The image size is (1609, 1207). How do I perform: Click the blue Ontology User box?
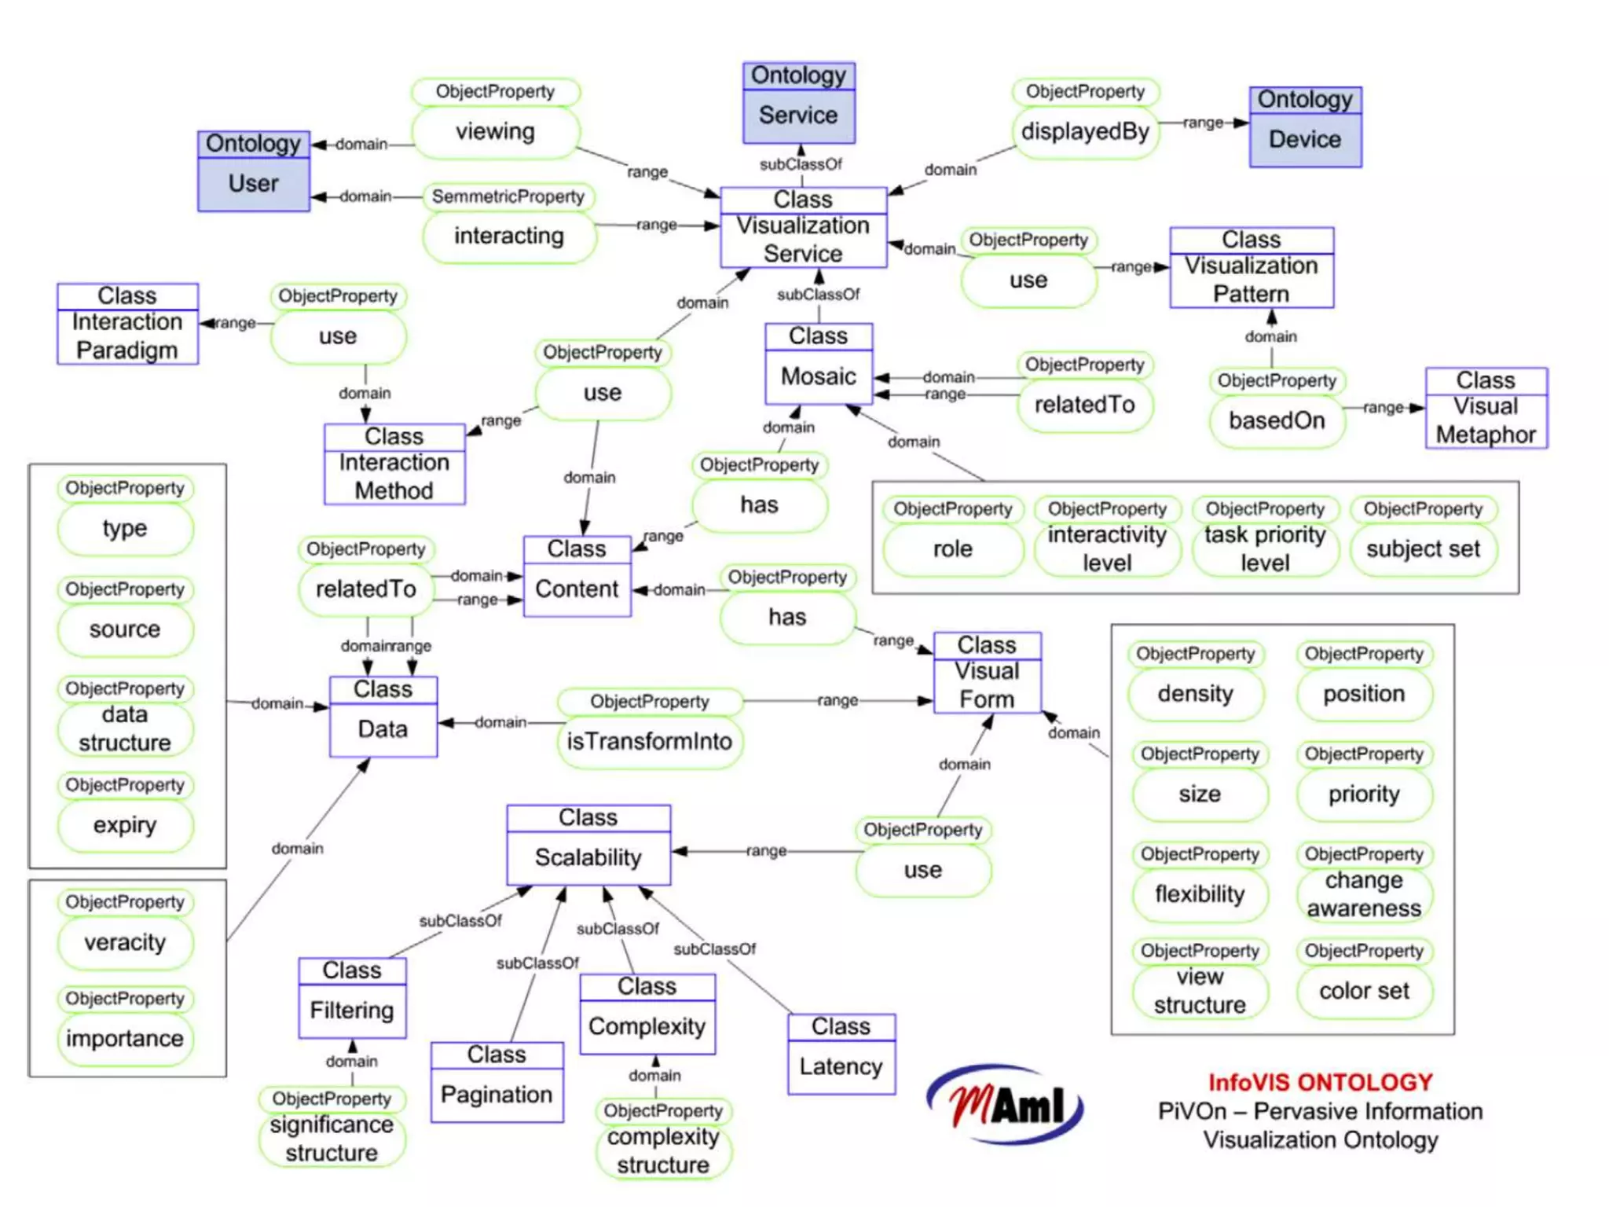253,171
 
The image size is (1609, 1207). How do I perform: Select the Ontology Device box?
1305,127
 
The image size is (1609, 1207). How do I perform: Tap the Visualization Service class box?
803,228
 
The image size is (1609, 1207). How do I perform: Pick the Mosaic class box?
819,364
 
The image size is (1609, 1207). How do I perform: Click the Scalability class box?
588,845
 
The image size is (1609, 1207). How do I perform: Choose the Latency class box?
841,1054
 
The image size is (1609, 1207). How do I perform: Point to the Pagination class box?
497,1082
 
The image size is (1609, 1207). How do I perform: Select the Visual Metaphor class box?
1486,408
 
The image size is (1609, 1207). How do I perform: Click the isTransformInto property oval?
650,741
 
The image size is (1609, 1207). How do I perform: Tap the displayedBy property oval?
1085,132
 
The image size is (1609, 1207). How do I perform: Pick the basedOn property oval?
1277,420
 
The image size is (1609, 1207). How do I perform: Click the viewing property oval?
495,132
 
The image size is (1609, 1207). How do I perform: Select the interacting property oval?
509,236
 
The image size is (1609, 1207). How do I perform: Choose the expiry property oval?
125,825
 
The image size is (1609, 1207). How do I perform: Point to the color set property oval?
1364,991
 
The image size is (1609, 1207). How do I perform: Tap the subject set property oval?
1423,548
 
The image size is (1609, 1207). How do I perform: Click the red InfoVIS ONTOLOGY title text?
1320,1082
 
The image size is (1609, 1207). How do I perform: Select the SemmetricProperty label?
508,196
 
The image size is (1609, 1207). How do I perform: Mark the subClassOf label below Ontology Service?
800,164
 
